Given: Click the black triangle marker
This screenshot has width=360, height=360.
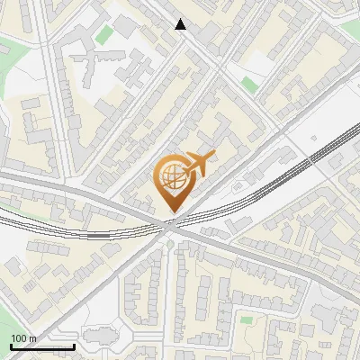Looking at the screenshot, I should tap(181, 24).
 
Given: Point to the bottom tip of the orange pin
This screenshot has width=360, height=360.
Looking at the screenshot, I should tap(172, 213).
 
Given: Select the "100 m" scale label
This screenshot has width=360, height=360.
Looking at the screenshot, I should tap(23, 338).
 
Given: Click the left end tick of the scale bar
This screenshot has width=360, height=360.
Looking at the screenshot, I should tap(11, 346).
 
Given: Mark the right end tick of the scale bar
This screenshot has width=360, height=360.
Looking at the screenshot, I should tap(74, 346).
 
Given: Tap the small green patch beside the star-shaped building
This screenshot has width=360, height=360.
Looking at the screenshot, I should tap(106, 35).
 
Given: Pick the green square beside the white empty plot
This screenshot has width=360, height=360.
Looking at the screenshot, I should tap(248, 85).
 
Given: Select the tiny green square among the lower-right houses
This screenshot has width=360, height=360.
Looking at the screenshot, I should tap(245, 319).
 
